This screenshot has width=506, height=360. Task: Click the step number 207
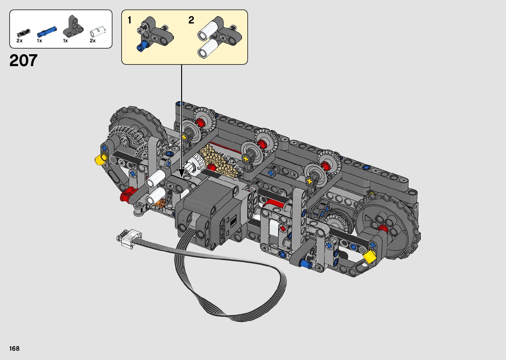[23, 60]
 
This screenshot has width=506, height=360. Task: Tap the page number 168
[15, 348]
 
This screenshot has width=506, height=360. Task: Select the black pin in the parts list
[23, 33]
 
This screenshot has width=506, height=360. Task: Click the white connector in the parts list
[97, 32]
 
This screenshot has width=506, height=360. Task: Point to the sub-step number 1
[130, 20]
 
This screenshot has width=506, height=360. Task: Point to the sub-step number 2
[191, 20]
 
